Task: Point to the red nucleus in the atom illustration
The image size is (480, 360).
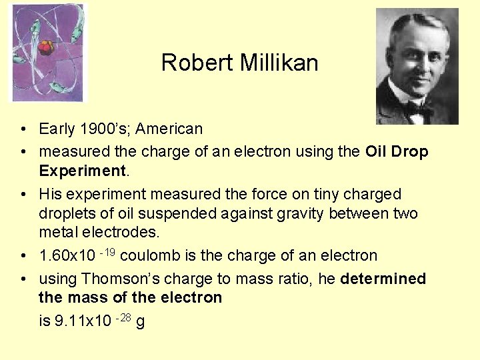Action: [x=47, y=47]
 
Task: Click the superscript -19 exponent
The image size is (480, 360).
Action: [x=107, y=251]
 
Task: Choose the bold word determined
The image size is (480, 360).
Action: [x=383, y=279]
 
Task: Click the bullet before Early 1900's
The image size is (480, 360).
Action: [x=23, y=129]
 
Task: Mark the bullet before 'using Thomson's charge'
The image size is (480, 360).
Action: [x=23, y=279]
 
